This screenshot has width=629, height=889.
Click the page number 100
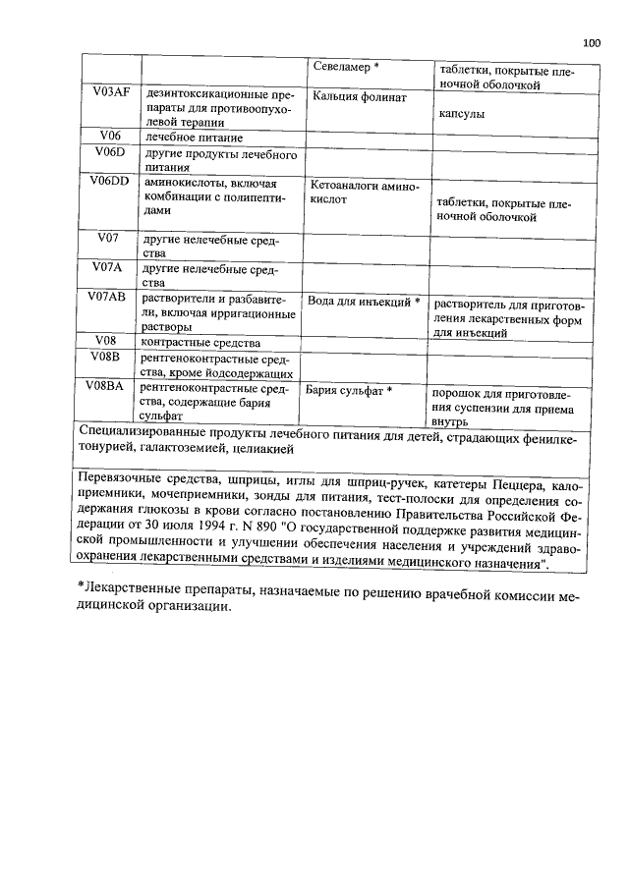click(591, 42)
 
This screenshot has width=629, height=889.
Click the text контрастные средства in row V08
click(200, 343)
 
